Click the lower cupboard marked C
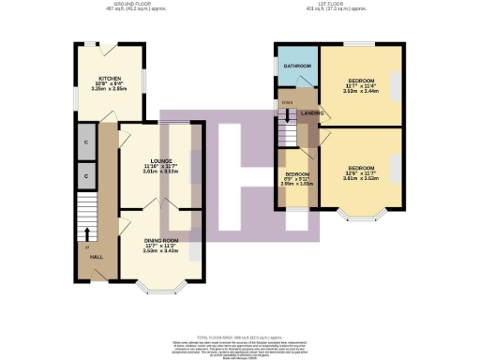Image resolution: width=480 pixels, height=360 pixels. pos(84,174)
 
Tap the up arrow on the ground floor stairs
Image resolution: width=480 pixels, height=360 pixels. pos(87,232)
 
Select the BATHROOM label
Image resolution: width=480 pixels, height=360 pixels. pos(298,67)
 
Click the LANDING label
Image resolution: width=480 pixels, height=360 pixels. pos(310,112)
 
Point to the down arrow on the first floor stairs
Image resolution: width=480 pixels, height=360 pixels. pos(287,116)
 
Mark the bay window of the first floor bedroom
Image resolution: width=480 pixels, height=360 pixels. pos(358,219)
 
